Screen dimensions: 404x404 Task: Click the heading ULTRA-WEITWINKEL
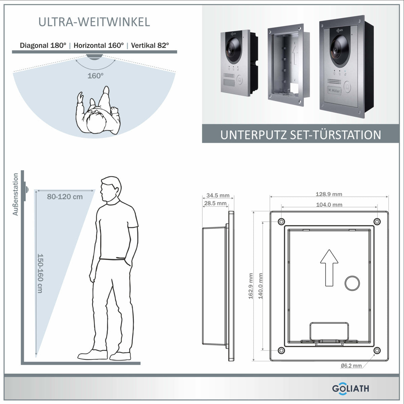[94, 22]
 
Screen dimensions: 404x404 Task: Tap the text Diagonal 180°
[43, 45]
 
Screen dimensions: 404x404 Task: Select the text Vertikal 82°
[150, 45]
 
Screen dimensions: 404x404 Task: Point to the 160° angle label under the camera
[95, 76]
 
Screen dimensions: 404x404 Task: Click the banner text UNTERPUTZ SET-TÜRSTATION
[301, 135]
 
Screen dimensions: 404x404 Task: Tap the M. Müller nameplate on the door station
[334, 90]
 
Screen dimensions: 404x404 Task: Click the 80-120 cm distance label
[65, 197]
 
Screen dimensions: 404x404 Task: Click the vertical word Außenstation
[15, 195]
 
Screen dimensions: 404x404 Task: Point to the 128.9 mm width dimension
[329, 194]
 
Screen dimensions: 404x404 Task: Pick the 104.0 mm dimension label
[329, 205]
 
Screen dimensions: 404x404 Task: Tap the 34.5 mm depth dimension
[218, 195]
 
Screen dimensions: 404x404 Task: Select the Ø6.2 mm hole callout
[351, 366]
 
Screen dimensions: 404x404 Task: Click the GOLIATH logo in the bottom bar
[350, 388]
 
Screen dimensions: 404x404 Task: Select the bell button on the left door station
[240, 81]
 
